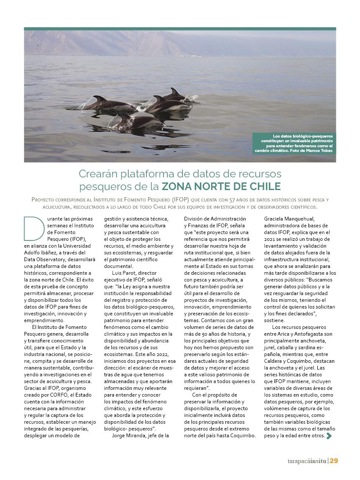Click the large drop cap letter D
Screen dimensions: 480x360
click(x=34, y=229)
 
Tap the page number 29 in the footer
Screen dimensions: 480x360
click(x=334, y=461)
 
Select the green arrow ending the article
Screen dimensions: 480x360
click(x=329, y=436)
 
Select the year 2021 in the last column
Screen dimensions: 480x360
click(x=270, y=239)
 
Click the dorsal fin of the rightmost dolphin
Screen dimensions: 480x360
click(x=174, y=91)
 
